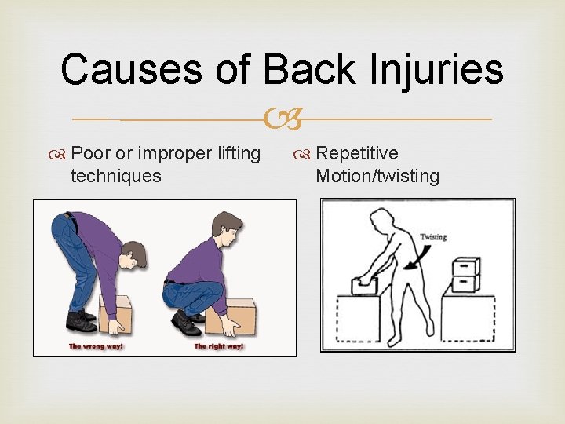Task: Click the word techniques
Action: (x=115, y=175)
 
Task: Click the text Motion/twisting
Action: (x=377, y=175)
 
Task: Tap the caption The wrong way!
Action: (x=97, y=346)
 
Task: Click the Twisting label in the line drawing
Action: (x=433, y=236)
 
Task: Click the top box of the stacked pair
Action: (x=468, y=268)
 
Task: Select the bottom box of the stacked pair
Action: (x=468, y=283)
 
